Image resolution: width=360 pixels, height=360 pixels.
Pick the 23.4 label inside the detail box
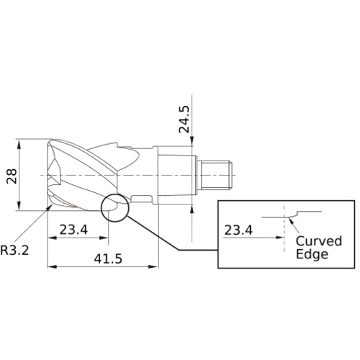point(239,230)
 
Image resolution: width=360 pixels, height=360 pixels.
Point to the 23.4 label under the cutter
point(74,230)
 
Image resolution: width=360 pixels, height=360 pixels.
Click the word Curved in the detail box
point(318,241)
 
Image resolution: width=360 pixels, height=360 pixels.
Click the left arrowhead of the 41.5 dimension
point(50,266)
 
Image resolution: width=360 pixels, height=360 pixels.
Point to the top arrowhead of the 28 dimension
point(20,143)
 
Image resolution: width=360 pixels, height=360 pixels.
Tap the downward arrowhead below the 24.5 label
point(193,143)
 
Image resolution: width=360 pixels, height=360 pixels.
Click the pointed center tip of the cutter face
point(48,175)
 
